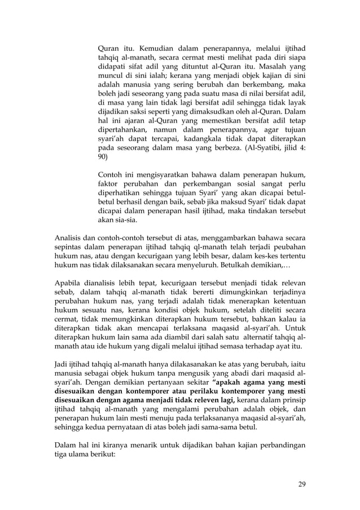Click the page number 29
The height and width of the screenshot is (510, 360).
pyautogui.click(x=302, y=484)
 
